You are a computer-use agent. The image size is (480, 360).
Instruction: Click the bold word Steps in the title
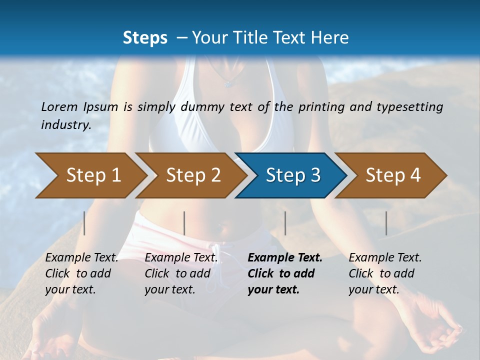point(145,38)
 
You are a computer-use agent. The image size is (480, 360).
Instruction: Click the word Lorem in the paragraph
point(59,107)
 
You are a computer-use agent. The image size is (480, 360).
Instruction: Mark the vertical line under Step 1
point(84,223)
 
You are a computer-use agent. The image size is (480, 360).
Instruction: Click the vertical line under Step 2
point(184,223)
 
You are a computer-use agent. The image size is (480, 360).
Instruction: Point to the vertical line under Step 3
point(285,223)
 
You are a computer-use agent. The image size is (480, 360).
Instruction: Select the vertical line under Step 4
point(386,223)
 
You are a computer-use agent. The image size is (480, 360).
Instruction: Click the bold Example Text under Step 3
point(285,258)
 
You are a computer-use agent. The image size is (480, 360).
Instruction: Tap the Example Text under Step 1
point(82,258)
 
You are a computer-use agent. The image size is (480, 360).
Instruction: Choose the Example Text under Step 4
point(385,258)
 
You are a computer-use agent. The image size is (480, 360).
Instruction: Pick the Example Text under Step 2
point(181,258)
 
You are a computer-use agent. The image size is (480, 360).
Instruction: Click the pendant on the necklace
point(228,83)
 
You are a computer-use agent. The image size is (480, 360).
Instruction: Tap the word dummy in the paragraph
point(202,107)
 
